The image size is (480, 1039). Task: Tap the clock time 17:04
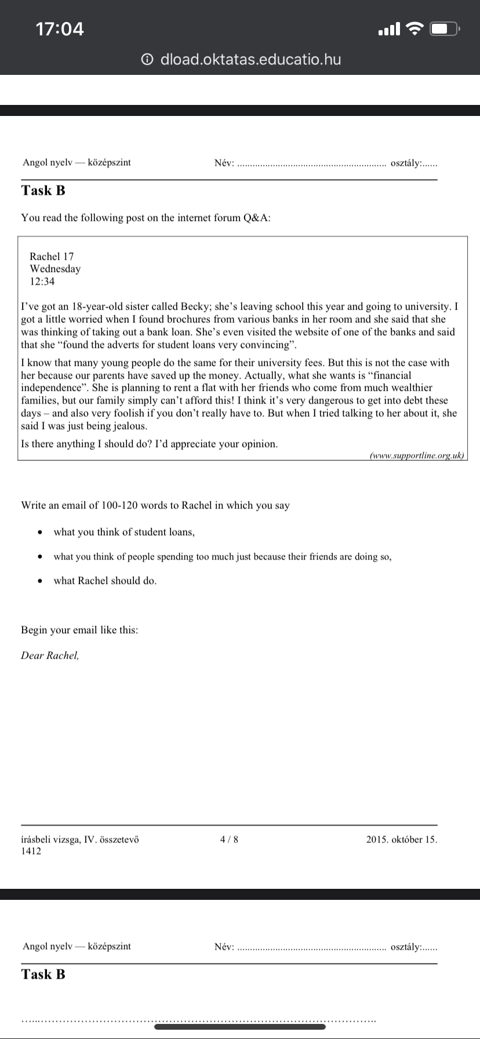[60, 28]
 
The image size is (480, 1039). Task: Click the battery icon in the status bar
[444, 28]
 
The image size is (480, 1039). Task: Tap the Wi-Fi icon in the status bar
[414, 28]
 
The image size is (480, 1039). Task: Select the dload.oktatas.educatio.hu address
[250, 59]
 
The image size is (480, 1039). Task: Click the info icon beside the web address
[148, 59]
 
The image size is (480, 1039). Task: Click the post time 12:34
[42, 281]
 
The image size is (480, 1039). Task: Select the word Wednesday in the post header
[55, 268]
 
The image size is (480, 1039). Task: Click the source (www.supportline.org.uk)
[417, 456]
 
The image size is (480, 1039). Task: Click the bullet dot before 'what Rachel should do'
[39, 581]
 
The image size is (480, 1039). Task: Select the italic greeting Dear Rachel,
[50, 655]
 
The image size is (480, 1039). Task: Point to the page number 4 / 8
[229, 839]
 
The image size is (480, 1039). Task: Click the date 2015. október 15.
[402, 839]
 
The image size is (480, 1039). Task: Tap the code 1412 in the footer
[31, 851]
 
